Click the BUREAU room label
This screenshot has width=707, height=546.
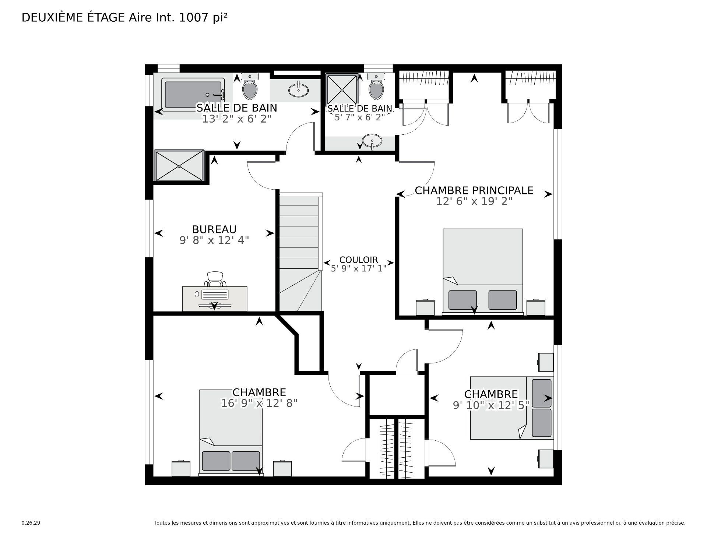[x=214, y=229]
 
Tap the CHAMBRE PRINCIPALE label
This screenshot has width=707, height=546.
[x=474, y=190]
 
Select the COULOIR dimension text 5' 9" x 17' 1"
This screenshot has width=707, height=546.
[x=358, y=268]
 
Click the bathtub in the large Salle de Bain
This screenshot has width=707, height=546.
[x=193, y=94]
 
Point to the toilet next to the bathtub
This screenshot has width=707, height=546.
[x=250, y=87]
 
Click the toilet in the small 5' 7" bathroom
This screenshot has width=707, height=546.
[x=376, y=87]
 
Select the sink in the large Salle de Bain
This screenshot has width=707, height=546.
[x=298, y=89]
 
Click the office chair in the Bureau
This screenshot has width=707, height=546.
[x=215, y=279]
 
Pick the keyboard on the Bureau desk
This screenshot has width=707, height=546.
[x=215, y=294]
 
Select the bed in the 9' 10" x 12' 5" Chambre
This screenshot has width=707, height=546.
[x=512, y=408]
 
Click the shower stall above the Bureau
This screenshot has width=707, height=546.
[x=179, y=166]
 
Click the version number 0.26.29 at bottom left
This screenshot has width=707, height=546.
[x=31, y=523]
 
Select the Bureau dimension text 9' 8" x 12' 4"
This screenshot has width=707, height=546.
[x=214, y=240]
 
